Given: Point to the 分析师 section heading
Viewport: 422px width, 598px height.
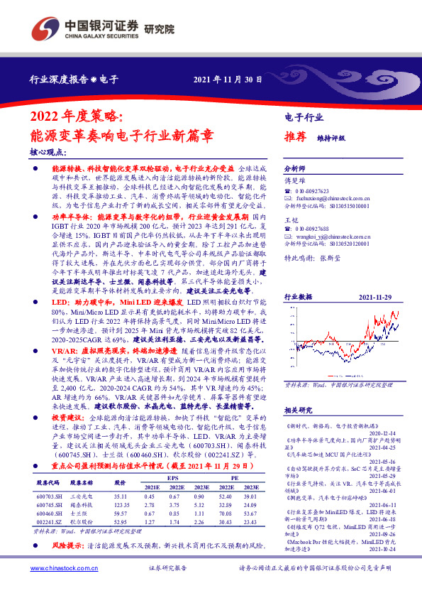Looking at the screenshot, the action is point(294,169).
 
